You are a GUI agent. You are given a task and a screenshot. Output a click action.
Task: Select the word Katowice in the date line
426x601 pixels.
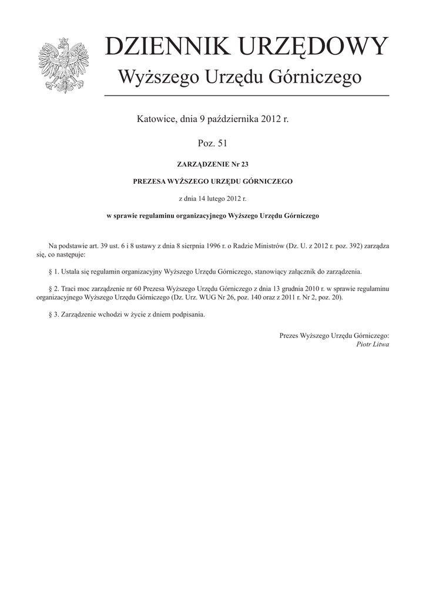pos(157,119)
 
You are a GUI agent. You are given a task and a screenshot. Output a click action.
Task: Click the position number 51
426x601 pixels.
pos(220,143)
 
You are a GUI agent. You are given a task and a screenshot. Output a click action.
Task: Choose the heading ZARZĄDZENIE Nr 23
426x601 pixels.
pos(213,165)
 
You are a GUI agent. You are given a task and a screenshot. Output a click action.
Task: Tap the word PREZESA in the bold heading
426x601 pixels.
pos(152,182)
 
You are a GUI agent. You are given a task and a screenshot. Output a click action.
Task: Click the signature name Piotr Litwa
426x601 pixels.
pos(373,345)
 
